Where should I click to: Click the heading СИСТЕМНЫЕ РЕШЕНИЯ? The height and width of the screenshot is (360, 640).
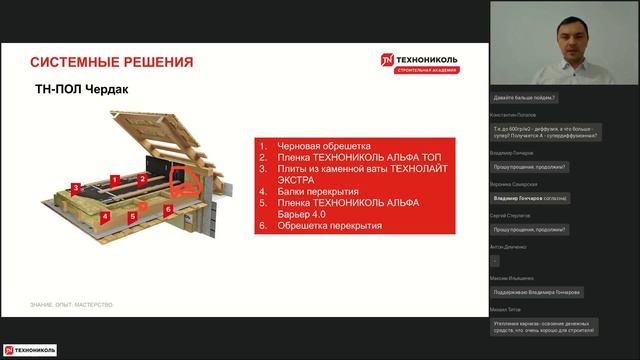point(110,62)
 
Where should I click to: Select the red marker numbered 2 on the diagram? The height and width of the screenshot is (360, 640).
point(143,179)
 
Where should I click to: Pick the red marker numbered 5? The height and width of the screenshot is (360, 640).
point(132,215)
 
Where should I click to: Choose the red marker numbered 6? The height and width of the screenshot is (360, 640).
point(168,209)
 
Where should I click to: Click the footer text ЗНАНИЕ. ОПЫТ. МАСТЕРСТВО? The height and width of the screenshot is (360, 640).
point(71,304)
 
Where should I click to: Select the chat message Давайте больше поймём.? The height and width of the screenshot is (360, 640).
point(525,98)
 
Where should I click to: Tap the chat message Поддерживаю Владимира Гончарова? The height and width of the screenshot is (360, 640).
point(536,292)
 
